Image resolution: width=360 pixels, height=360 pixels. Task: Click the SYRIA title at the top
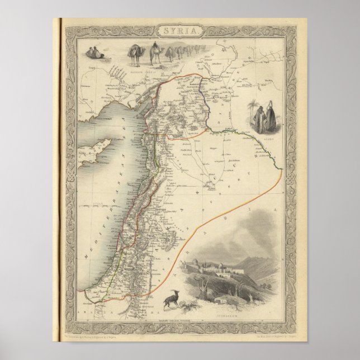pyautogui.click(x=179, y=31)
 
